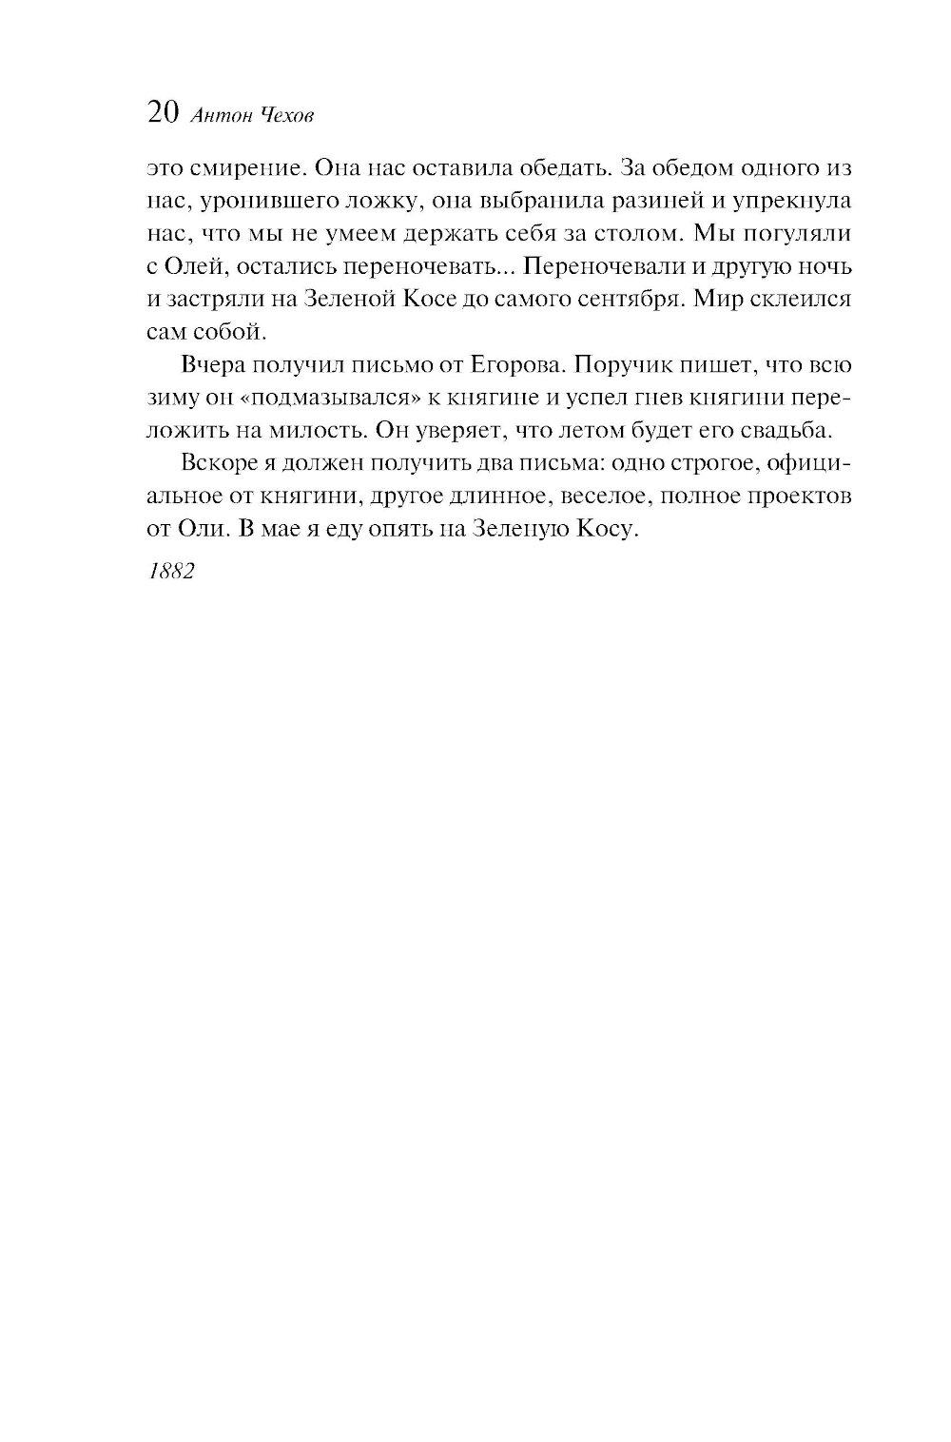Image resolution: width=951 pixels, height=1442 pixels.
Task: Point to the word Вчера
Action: click(209, 366)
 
